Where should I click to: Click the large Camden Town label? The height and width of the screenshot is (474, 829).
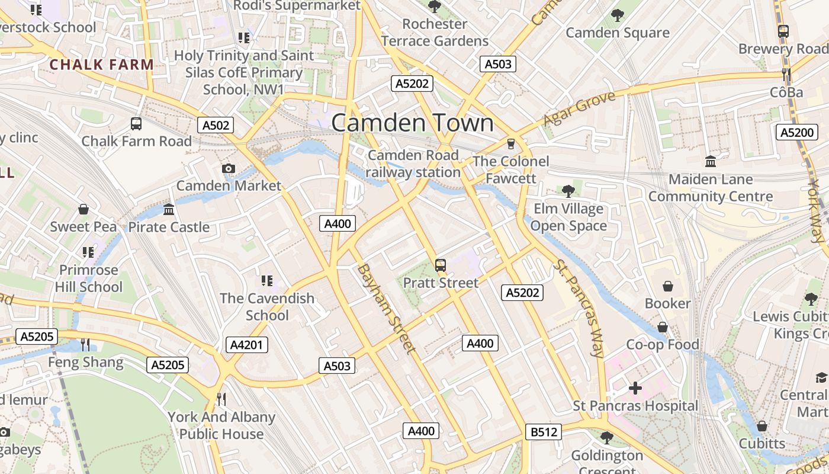click(x=412, y=123)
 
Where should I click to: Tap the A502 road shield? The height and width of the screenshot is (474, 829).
click(x=215, y=125)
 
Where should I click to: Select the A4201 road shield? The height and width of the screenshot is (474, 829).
click(x=247, y=345)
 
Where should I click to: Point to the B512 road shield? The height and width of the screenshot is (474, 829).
click(x=544, y=432)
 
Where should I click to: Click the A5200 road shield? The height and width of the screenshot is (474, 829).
click(x=797, y=132)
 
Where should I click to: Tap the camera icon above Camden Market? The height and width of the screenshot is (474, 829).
click(x=229, y=169)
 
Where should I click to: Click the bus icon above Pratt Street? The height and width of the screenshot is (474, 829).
click(x=441, y=265)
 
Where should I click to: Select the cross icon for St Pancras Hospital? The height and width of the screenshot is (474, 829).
click(x=635, y=389)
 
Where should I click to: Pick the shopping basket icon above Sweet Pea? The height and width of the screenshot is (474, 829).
click(x=83, y=210)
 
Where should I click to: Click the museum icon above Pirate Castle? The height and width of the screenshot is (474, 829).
click(x=169, y=210)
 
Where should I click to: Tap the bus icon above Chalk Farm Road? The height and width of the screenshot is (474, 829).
click(x=136, y=124)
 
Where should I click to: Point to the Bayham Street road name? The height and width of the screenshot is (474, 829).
click(x=385, y=309)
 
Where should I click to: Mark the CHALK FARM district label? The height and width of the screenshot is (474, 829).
click(x=102, y=65)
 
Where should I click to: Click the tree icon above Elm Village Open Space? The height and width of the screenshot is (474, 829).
click(x=568, y=191)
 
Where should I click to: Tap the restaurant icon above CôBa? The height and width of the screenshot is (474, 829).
click(x=786, y=75)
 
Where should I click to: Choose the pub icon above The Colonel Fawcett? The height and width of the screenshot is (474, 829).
click(x=510, y=144)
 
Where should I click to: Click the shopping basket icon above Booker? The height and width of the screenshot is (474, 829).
click(x=668, y=286)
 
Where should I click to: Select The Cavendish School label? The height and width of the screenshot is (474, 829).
click(x=267, y=306)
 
